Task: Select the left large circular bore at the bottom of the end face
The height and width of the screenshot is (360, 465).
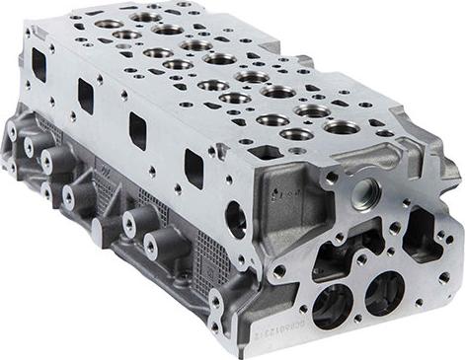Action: [x=330, y=305]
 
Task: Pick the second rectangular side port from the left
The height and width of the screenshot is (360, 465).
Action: [x=86, y=96]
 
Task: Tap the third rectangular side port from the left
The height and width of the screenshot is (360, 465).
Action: [x=137, y=130]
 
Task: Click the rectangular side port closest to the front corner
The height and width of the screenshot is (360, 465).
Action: [x=194, y=169]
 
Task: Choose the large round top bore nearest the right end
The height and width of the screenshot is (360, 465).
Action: [x=342, y=127]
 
